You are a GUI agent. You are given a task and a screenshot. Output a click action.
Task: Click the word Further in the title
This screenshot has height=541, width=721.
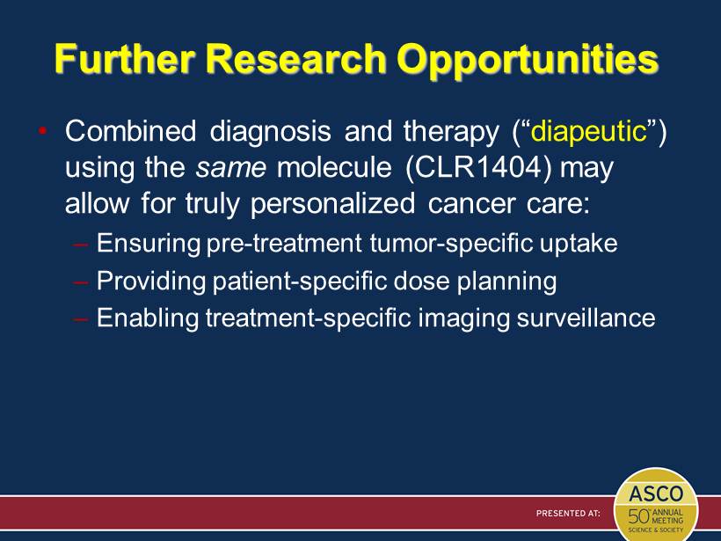124,59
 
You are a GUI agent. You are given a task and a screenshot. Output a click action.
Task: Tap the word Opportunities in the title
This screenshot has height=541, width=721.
528,62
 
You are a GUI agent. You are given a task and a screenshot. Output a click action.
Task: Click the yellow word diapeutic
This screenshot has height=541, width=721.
588,133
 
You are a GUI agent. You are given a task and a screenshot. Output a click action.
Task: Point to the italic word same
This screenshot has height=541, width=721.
231,167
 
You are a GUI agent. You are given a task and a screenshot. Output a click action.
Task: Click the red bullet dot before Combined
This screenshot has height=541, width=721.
43,131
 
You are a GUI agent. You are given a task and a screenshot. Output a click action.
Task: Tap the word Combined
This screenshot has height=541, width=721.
131,131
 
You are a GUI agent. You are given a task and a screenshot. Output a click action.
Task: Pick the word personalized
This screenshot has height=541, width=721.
333,203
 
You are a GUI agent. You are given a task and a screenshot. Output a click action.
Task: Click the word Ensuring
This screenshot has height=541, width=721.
149,244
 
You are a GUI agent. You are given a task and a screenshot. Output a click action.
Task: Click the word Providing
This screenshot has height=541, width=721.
151,281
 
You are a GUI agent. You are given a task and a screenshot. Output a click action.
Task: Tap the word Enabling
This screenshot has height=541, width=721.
148,318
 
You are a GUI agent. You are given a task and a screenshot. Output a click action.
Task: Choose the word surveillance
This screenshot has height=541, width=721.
586,318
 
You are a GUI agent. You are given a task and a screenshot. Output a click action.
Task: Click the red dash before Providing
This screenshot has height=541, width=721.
81,281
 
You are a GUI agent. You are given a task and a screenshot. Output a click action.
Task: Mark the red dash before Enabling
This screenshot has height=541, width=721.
81,318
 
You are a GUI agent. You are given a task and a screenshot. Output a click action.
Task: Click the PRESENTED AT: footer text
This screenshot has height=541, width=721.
568,513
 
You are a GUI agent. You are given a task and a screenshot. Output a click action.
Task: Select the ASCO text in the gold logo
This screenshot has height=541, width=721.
656,493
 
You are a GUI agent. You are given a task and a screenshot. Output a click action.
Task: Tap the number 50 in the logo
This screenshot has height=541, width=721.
638,516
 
